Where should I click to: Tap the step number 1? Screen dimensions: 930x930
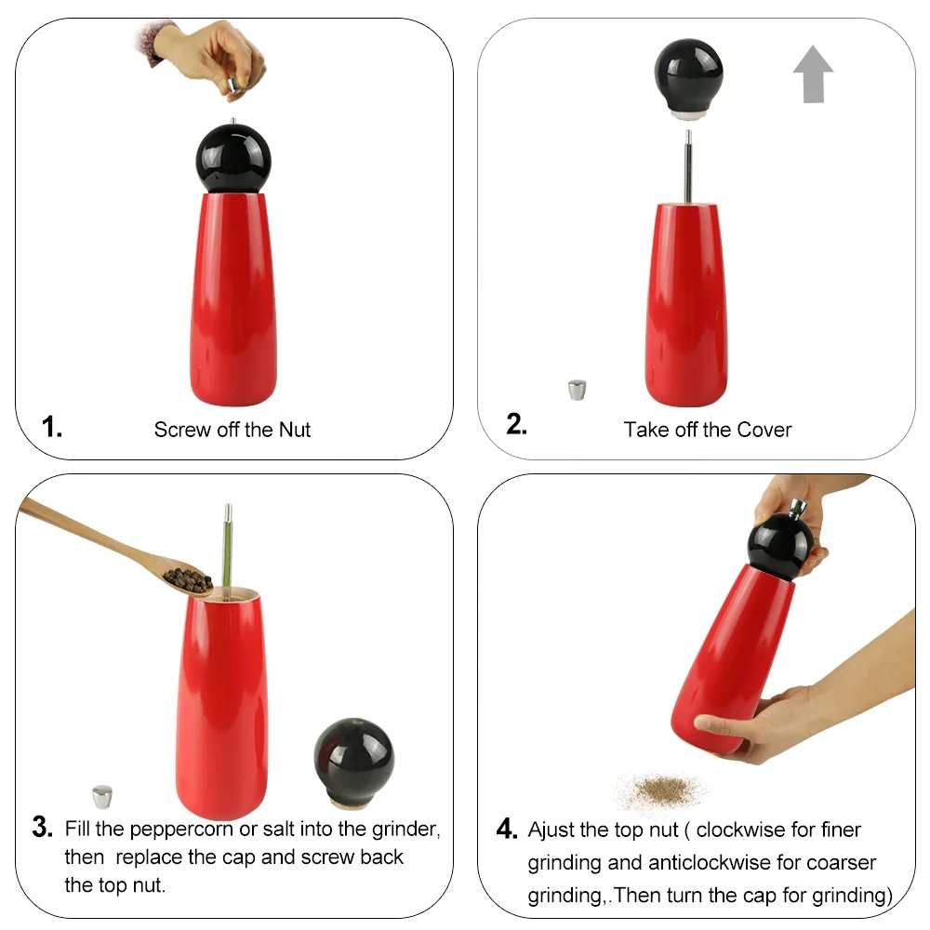52,428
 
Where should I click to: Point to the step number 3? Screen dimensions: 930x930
42,827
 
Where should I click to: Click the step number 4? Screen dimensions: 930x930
506,830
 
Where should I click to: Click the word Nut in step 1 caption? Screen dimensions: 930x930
293,430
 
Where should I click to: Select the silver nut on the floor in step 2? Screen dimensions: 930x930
578,390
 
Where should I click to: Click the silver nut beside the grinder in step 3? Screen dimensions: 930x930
102,796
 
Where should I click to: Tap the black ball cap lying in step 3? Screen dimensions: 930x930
353,755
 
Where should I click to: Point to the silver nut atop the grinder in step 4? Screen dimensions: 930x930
797,508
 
